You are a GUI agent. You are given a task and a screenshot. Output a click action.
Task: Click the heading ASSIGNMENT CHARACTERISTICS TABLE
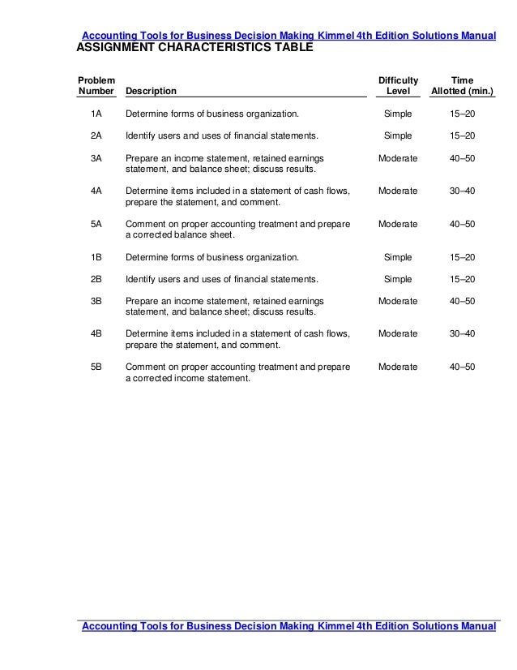[x=194, y=49]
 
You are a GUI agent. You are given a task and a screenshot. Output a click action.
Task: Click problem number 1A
[x=96, y=114]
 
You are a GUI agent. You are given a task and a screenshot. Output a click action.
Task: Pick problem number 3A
[x=96, y=157]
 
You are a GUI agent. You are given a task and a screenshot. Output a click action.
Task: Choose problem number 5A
[x=96, y=224]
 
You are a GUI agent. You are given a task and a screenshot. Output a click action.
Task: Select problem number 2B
[x=96, y=279]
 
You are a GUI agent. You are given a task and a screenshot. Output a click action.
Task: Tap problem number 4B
[x=96, y=333]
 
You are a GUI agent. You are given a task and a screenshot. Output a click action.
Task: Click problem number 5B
[x=96, y=367]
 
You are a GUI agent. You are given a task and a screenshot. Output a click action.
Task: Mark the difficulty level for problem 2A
[x=398, y=135]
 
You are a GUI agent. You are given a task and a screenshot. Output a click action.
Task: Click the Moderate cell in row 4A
[x=398, y=191]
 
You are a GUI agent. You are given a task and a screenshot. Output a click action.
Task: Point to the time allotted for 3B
[x=463, y=301]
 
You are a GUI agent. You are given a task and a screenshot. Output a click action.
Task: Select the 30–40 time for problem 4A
[x=463, y=191]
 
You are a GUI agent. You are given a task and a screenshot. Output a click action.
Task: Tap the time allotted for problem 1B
[x=463, y=257]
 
